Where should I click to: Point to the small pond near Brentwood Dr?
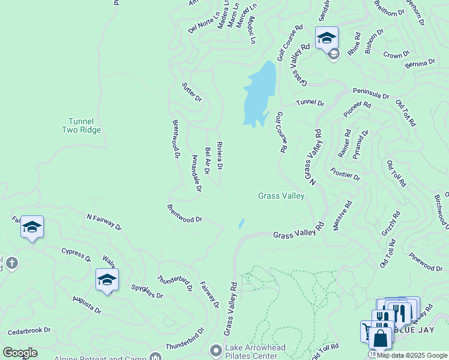(241, 223)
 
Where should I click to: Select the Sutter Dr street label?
(192, 92)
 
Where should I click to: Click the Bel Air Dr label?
(208, 160)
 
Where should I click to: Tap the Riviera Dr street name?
(220, 155)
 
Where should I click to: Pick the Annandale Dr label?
(196, 175)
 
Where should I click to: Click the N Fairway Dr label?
(104, 222)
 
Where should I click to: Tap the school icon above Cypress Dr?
(32, 227)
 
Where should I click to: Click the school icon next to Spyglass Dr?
(107, 280)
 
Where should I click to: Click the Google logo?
(20, 353)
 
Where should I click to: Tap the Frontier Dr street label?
(345, 174)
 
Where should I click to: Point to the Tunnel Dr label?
(310, 103)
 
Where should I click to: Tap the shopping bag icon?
(380, 338)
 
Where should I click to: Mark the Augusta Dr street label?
(87, 304)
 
